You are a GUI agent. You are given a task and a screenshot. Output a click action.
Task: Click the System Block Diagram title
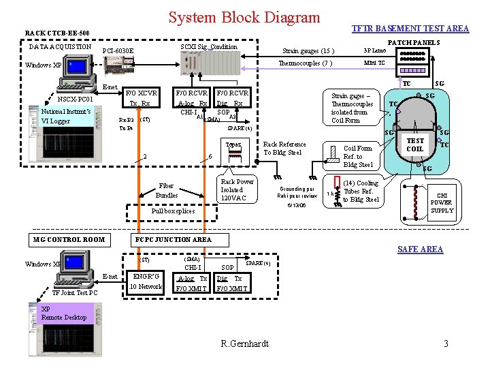click(x=244, y=17)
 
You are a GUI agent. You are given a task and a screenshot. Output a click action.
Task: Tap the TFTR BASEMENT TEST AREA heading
click(x=410, y=28)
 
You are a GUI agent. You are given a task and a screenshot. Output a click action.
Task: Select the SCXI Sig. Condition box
click(x=208, y=46)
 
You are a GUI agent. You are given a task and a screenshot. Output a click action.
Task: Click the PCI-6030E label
click(x=118, y=51)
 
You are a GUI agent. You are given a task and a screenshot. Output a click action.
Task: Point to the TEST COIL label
click(x=414, y=144)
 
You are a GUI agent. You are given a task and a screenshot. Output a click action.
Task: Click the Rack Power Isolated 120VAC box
click(x=237, y=189)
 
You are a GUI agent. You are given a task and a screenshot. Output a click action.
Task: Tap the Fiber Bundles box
click(x=167, y=190)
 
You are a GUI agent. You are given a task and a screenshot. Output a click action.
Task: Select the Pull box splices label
click(x=172, y=211)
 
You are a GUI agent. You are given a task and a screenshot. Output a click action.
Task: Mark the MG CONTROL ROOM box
click(x=69, y=239)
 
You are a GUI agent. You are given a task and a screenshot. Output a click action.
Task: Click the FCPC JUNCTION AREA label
click(x=174, y=239)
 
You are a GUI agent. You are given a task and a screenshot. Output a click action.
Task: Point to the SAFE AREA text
click(x=421, y=249)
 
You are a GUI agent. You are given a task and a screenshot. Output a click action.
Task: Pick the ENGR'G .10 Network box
click(x=146, y=281)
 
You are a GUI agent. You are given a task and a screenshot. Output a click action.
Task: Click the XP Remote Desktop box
click(x=64, y=313)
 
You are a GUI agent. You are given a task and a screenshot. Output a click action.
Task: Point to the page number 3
click(x=446, y=343)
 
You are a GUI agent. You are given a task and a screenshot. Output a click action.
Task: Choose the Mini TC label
click(x=374, y=63)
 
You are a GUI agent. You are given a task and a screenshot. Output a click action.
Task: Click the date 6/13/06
click(x=296, y=204)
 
